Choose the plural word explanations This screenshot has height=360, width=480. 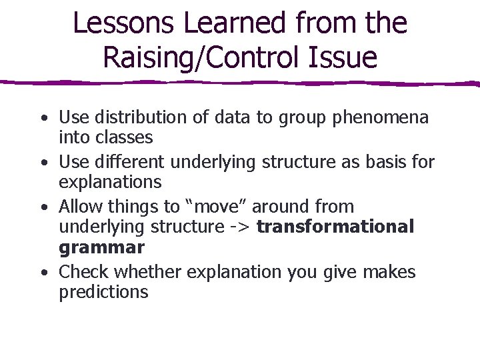pyautogui.click(x=110, y=183)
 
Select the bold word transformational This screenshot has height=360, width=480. pyautogui.click(x=335, y=227)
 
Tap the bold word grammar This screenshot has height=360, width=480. pyautogui.click(x=101, y=249)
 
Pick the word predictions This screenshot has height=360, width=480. pyautogui.click(x=103, y=293)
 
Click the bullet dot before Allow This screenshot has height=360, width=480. pyautogui.click(x=43, y=207)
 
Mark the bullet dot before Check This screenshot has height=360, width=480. pyautogui.click(x=43, y=273)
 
